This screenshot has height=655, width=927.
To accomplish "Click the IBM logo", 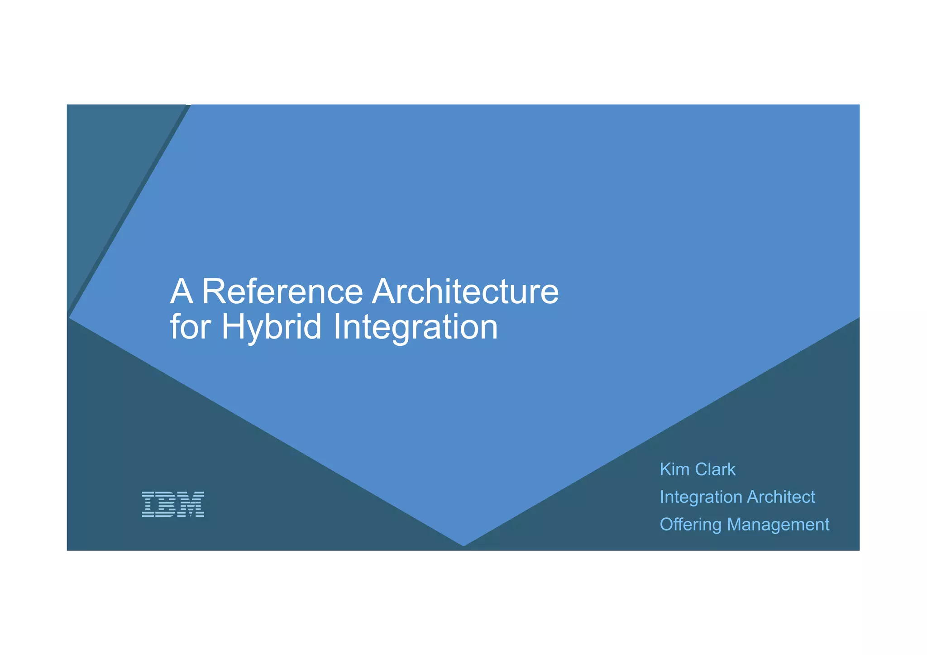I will point(173,504).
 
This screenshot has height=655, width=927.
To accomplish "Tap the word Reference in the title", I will point(282,292).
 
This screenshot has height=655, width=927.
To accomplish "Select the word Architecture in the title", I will point(465,292).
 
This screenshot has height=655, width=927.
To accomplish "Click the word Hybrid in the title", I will point(271,328).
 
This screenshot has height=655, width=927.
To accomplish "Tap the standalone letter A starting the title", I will point(182,292).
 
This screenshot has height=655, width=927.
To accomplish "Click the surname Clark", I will point(715,469).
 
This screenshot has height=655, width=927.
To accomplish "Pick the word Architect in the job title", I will point(781,497).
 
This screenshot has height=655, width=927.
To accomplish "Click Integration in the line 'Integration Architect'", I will point(701,497).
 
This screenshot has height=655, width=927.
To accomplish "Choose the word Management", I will point(778,525).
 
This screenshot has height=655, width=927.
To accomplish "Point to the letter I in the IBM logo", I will point(148,504).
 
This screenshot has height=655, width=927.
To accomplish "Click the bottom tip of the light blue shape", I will point(463,545).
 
